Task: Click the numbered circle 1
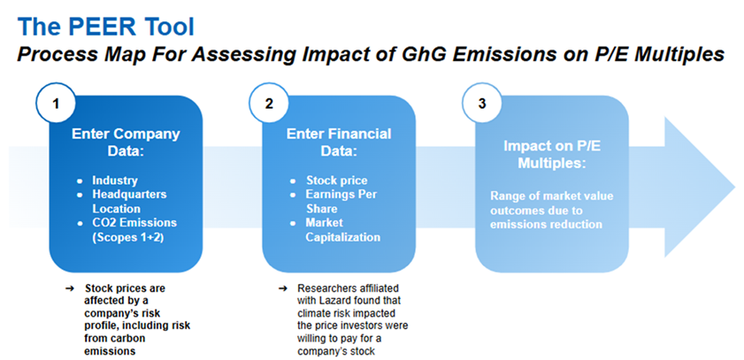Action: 56,103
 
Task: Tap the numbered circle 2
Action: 269,103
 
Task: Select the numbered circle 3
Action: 482,103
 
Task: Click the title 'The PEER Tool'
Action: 105,27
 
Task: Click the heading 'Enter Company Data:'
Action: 126,141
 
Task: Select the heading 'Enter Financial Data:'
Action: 339,141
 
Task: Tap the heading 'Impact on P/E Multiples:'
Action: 552,154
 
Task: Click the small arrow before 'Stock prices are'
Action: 70,288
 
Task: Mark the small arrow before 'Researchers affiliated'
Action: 283,288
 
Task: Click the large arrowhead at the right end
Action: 700,184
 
